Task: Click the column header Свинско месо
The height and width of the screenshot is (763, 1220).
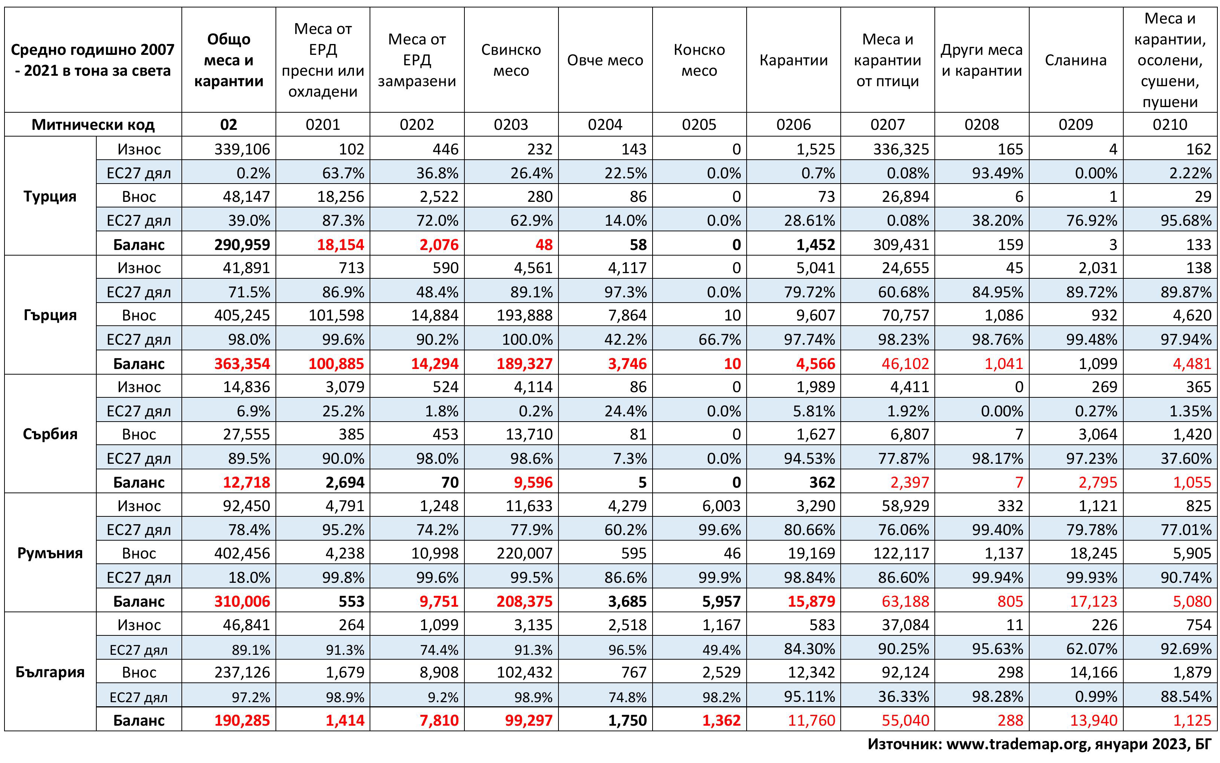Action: click(511, 60)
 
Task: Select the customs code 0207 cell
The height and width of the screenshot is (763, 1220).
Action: click(887, 125)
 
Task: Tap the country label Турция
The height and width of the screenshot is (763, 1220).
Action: click(50, 196)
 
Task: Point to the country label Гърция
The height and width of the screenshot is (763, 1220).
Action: click(50, 315)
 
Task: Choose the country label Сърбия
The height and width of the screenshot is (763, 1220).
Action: click(50, 434)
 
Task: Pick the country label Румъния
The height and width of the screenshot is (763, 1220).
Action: click(50, 553)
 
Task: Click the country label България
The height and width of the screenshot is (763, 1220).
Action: click(50, 672)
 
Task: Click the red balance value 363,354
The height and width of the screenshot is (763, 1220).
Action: click(242, 363)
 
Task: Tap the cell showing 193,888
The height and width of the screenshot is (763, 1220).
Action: click(525, 315)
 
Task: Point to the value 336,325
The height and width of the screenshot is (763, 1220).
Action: click(901, 149)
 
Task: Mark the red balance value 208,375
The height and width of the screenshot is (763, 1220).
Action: click(525, 601)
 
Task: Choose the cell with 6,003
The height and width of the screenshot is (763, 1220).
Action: click(721, 506)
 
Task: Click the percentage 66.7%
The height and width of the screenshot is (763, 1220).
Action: click(719, 340)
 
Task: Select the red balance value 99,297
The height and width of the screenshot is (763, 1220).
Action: click(529, 720)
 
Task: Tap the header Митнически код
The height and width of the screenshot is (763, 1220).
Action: click(93, 125)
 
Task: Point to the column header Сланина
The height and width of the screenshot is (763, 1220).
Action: click(1076, 60)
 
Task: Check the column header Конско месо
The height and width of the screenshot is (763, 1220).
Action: click(699, 60)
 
